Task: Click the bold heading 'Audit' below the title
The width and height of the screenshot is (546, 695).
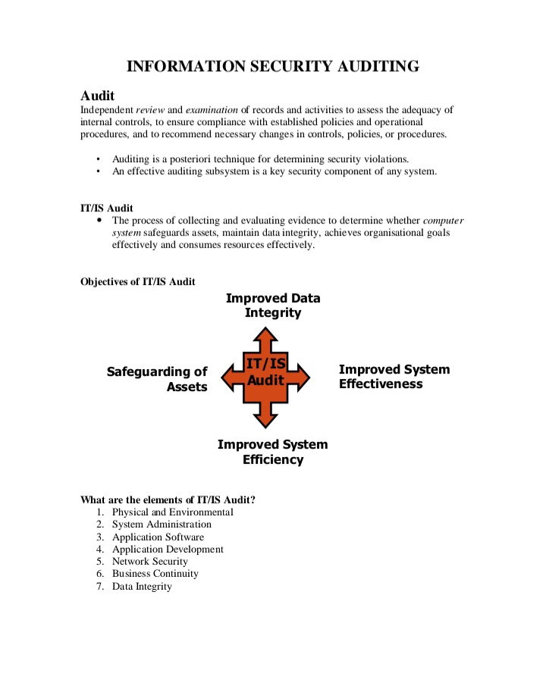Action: (98, 96)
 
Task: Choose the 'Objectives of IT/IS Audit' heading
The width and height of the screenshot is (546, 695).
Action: (138, 282)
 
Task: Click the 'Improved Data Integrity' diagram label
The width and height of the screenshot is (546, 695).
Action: (273, 305)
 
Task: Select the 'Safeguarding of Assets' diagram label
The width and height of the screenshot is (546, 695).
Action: (157, 379)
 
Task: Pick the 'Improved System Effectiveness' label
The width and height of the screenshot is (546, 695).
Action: (394, 377)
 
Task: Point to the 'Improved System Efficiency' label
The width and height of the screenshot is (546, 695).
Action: (273, 452)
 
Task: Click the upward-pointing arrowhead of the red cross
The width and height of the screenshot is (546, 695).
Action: (267, 334)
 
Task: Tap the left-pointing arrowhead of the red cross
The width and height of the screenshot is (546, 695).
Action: (226, 376)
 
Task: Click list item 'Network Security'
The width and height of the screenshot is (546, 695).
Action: (150, 562)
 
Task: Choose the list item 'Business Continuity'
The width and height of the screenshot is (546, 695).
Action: (155, 574)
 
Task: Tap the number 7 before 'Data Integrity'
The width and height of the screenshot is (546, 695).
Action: (99, 586)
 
